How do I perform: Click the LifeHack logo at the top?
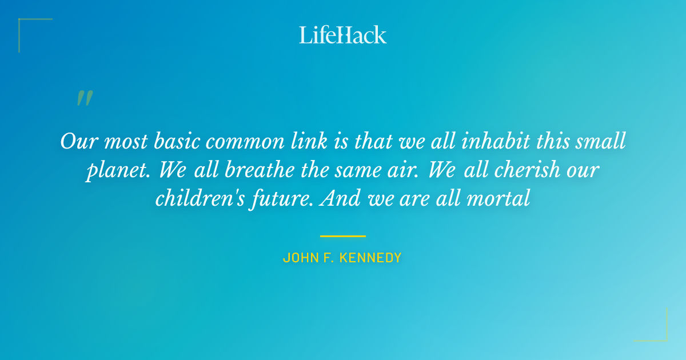pyautogui.click(x=343, y=35)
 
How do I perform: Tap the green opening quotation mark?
pyautogui.click(x=85, y=98)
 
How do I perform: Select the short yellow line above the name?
pyautogui.click(x=343, y=235)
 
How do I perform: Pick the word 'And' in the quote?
pyautogui.click(x=341, y=198)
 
